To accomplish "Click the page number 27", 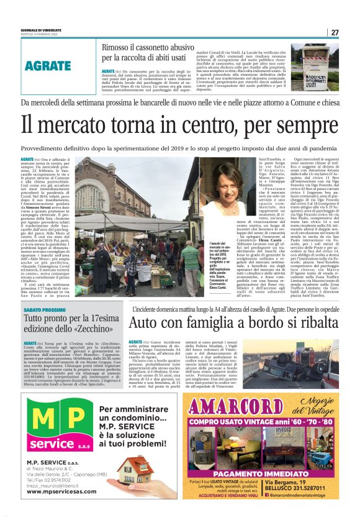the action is [335, 32].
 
